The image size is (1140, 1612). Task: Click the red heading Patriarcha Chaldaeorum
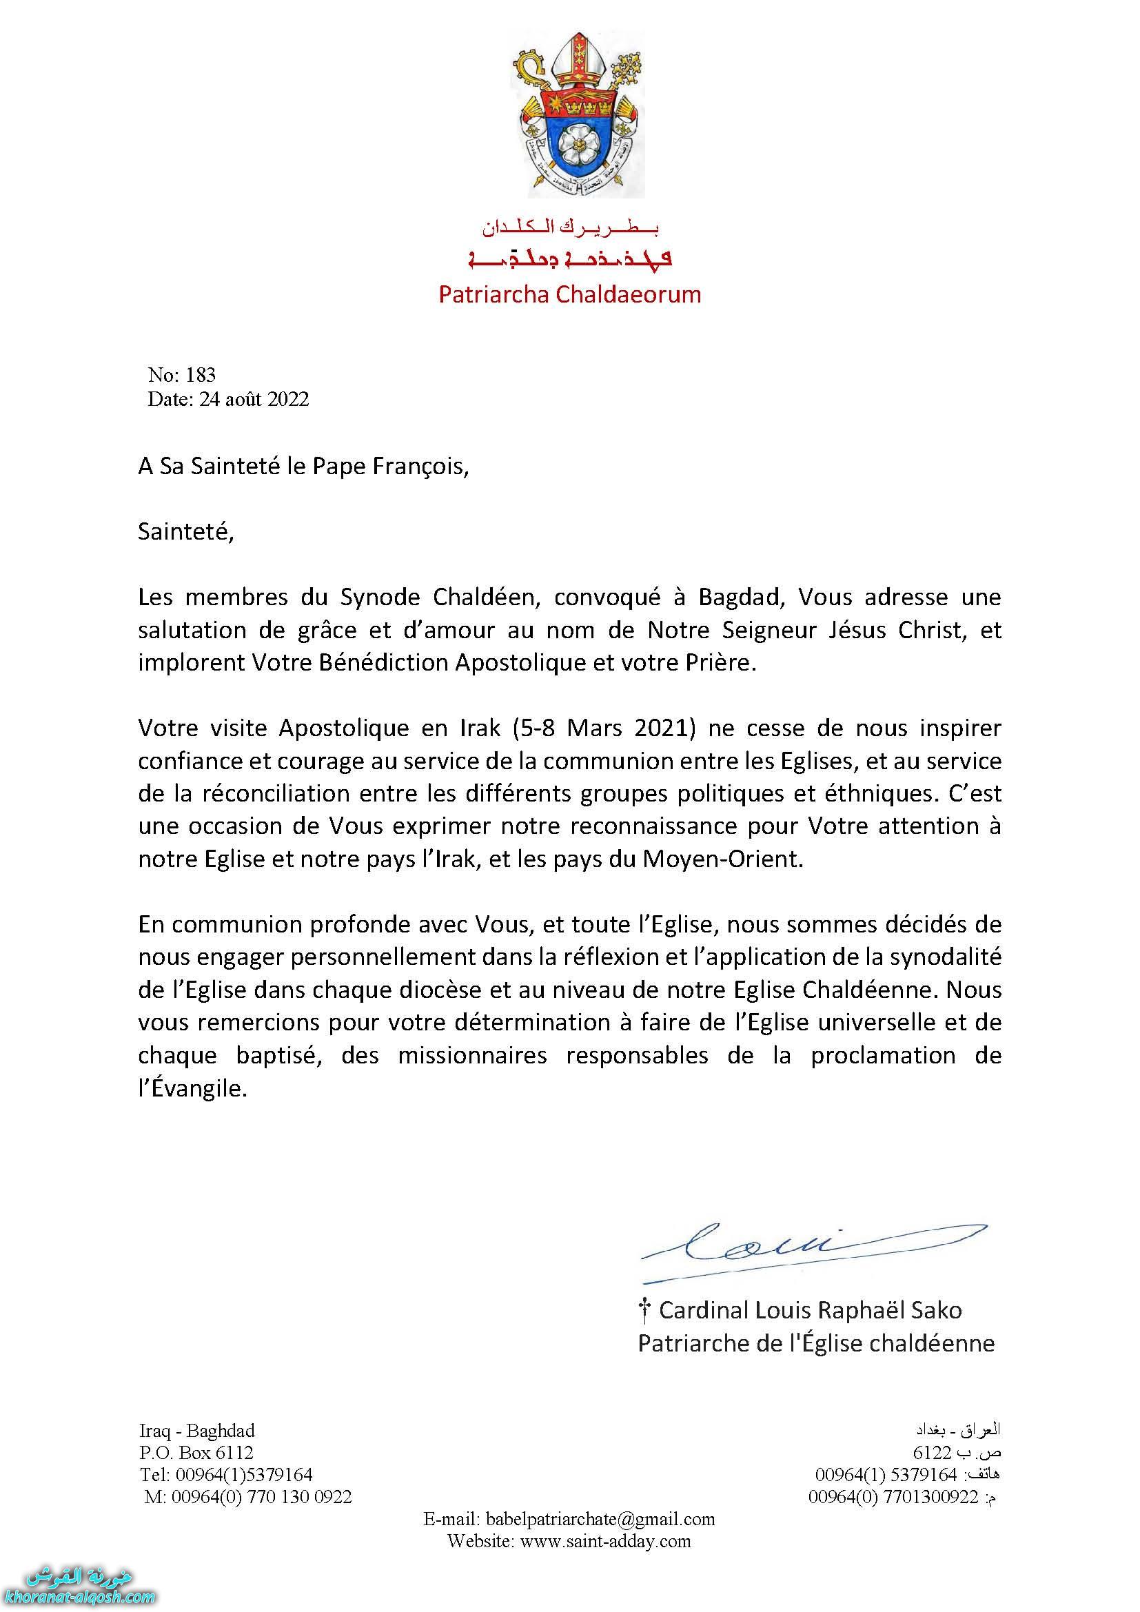pos(569,294)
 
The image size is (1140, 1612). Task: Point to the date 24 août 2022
pos(254,399)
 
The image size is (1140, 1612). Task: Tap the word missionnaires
pos(472,1055)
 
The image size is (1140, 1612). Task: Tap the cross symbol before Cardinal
pos(644,1309)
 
